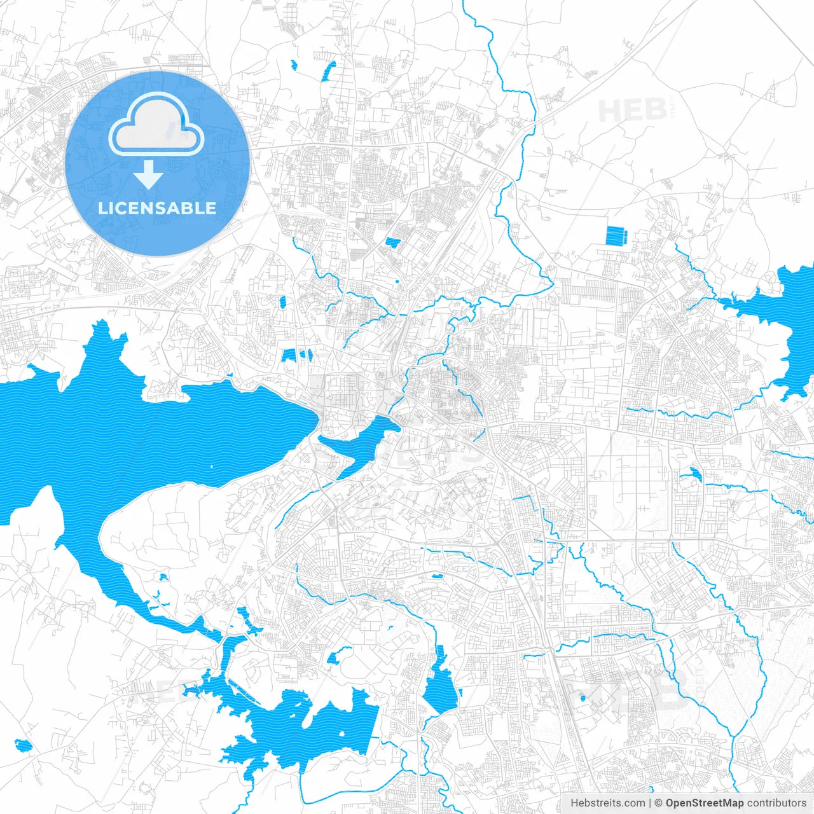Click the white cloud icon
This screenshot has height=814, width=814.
(156, 125)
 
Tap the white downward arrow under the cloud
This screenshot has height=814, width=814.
(149, 174)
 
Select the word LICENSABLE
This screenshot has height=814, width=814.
(157, 208)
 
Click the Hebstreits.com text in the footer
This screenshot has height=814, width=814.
(607, 803)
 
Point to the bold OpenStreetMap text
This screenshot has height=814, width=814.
(704, 803)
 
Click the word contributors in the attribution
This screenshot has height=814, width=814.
(776, 803)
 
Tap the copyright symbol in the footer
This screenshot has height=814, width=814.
(659, 803)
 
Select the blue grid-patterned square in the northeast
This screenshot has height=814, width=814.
(616, 237)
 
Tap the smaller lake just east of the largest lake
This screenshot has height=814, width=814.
(356, 443)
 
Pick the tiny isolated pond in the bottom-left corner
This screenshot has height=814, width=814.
(23, 745)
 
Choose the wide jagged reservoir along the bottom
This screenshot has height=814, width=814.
(305, 725)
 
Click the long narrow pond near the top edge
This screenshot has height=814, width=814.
(328, 71)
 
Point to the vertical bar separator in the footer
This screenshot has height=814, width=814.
(650, 803)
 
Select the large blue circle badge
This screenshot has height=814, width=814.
(157, 163)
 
